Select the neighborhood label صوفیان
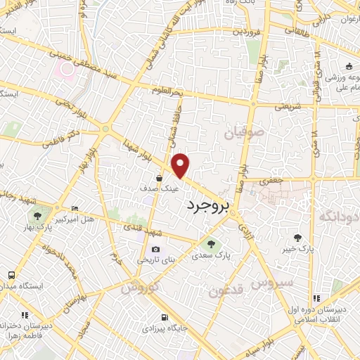pyautogui.click(x=244, y=132)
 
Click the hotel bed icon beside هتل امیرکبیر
pyautogui.click(x=76, y=209)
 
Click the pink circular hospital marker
pyautogui.click(x=67, y=69)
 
